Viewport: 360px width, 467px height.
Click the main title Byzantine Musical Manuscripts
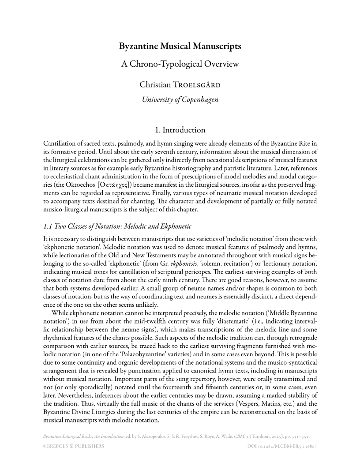click(x=180, y=46)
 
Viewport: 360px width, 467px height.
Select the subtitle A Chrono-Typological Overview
click(x=180, y=64)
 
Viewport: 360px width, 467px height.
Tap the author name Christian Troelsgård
click(x=180, y=84)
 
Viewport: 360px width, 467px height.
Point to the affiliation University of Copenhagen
click(x=180, y=100)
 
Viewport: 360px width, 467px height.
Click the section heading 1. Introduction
click(x=180, y=130)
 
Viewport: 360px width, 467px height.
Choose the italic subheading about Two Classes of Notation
click(x=117, y=226)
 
